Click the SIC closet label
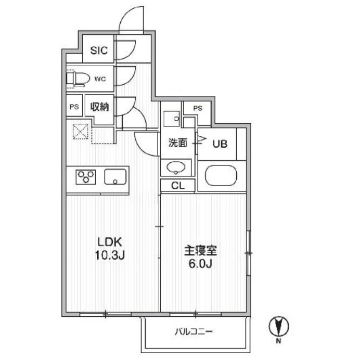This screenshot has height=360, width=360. (99, 50)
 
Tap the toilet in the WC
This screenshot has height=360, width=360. (78, 79)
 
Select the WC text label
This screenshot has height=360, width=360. (100, 79)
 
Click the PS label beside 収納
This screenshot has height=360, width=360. (74, 107)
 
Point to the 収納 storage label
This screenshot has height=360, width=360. (99, 107)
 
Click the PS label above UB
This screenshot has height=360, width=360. (198, 108)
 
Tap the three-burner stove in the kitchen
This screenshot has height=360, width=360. (86, 177)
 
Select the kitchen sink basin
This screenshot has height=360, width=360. (115, 177)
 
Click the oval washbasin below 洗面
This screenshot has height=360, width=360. (176, 167)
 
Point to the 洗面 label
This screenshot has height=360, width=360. (178, 143)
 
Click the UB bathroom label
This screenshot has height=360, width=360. (220, 144)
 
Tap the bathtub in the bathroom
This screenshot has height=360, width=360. (221, 176)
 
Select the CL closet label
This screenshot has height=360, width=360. (178, 186)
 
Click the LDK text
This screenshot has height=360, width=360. (110, 242)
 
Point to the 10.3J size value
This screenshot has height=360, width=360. (110, 255)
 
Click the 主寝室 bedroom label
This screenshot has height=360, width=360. (201, 251)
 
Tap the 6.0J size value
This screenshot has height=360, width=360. (200, 264)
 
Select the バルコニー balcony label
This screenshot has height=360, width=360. (194, 331)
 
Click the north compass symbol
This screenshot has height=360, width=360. (279, 326)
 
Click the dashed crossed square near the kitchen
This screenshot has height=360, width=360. (81, 132)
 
